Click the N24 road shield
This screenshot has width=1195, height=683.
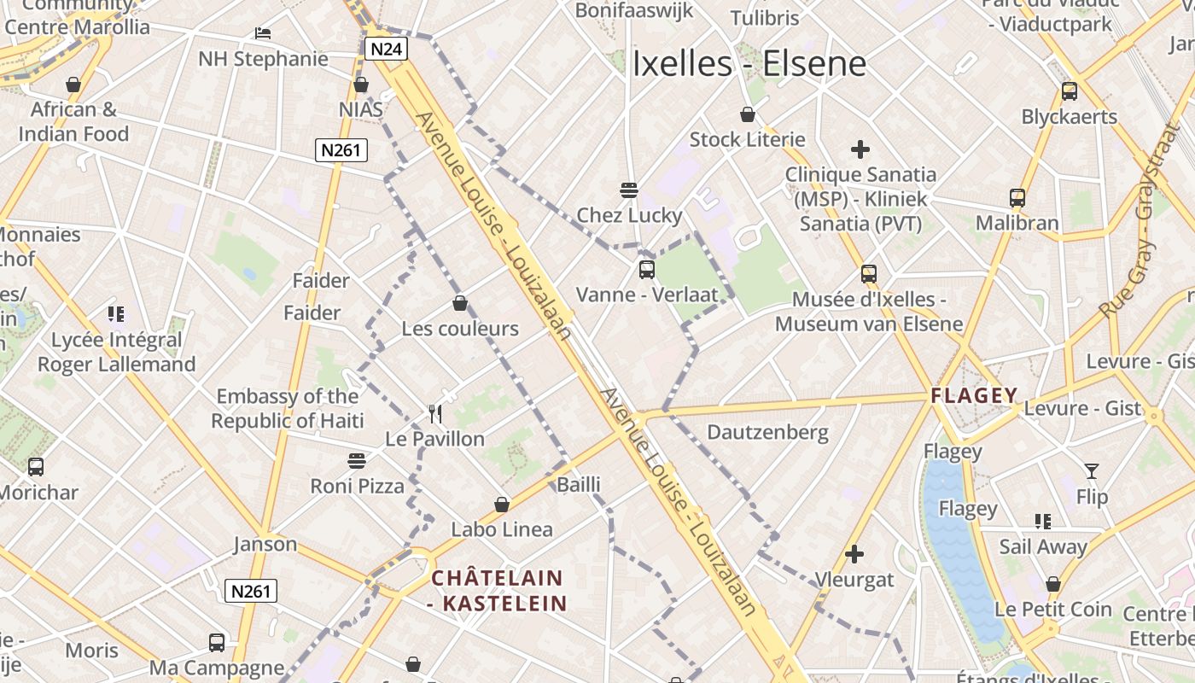click(x=386, y=49)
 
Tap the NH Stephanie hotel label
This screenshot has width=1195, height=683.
click(x=263, y=58)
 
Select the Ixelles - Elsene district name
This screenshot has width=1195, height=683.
click(x=749, y=64)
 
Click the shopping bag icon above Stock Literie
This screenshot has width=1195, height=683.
click(x=748, y=114)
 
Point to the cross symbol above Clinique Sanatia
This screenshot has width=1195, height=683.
click(x=860, y=150)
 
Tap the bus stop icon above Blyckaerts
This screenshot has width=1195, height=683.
click(x=1070, y=91)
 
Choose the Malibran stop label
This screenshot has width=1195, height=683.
click(x=1017, y=223)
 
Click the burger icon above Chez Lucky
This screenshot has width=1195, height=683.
click(x=629, y=190)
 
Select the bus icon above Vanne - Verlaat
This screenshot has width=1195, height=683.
click(x=647, y=270)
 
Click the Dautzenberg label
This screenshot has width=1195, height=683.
click(x=767, y=432)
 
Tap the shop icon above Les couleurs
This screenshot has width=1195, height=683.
click(x=460, y=303)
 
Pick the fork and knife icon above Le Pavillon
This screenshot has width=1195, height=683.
click(x=435, y=414)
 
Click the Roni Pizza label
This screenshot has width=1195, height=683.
click(x=357, y=486)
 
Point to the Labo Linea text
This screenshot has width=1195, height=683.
click(x=502, y=529)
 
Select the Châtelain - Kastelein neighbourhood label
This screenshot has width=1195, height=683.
click(x=498, y=591)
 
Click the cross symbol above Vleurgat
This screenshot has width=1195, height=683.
click(x=854, y=555)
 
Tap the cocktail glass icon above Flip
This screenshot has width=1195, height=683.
click(x=1092, y=470)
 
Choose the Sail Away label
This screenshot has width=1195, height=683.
click(x=1043, y=546)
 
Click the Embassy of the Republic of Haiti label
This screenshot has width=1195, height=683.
click(x=288, y=408)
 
